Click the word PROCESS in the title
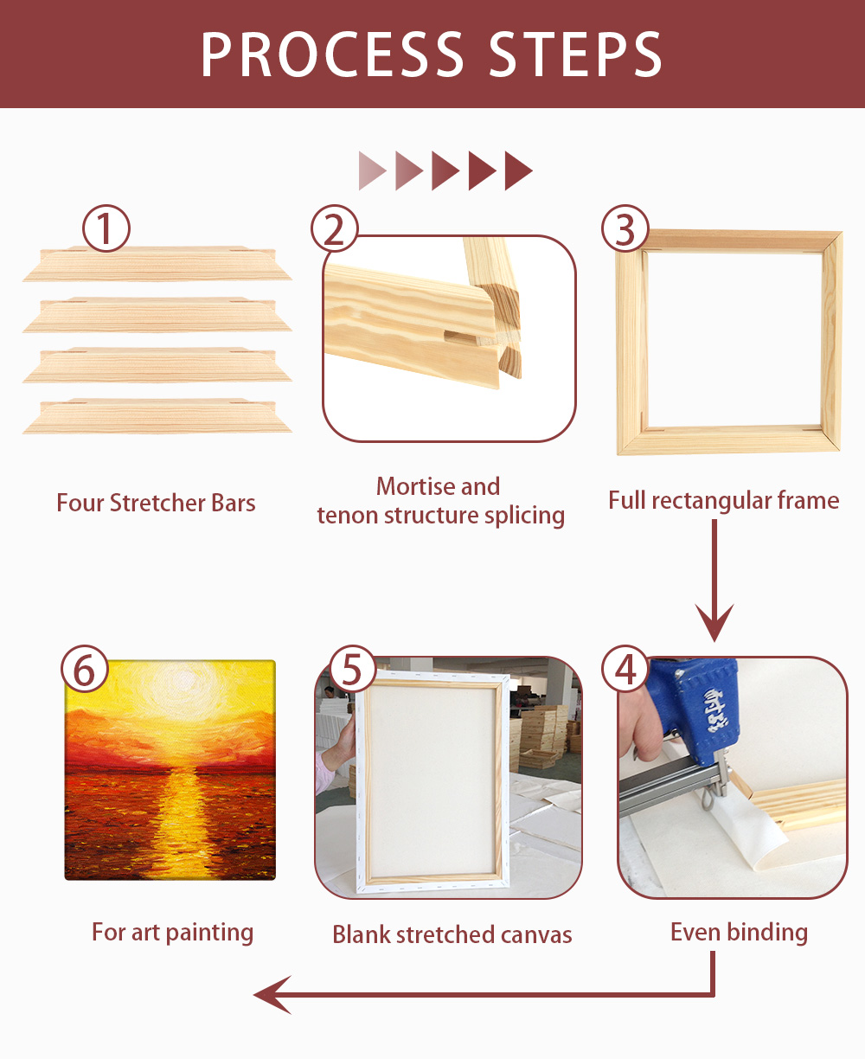click(332, 55)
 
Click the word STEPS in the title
click(575, 55)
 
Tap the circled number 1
click(106, 228)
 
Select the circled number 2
click(335, 228)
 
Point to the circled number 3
click(625, 228)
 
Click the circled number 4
click(625, 669)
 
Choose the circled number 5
click(351, 669)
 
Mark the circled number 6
click(85, 669)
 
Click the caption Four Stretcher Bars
click(156, 503)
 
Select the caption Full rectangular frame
click(723, 501)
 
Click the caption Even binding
click(739, 932)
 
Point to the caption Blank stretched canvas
click(452, 934)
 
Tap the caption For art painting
click(172, 933)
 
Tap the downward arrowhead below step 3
click(714, 621)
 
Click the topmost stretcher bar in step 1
click(157, 264)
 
